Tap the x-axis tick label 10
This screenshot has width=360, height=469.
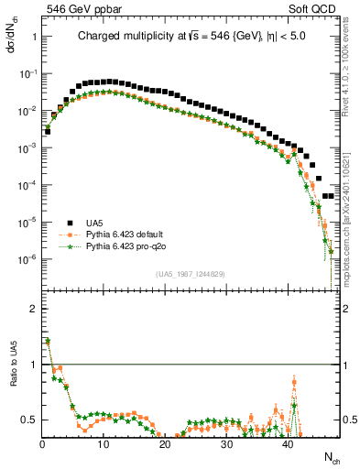pyautogui.click(x=104, y=443)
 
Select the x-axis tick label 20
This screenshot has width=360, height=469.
pyautogui.click(x=165, y=443)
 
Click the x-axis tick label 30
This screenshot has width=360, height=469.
pyautogui.click(x=226, y=443)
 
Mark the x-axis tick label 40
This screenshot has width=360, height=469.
pyautogui.click(x=288, y=443)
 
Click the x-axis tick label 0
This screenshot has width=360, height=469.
pyautogui.click(x=42, y=443)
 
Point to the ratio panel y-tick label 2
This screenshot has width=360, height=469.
pyautogui.click(x=34, y=309)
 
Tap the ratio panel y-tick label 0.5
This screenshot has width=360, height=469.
pyautogui.click(x=30, y=420)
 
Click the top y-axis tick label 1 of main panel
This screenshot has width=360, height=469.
pyautogui.click(x=34, y=37)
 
